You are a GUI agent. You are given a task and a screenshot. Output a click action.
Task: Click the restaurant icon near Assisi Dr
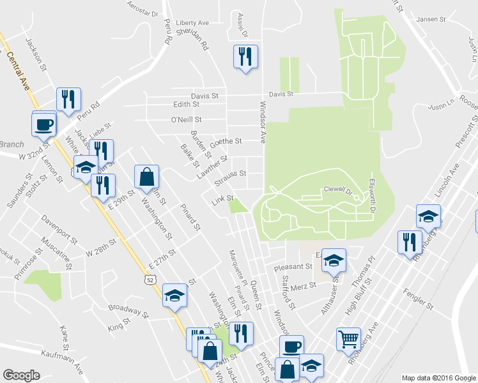click(x=245, y=57)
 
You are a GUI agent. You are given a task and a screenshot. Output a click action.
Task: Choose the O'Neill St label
click(x=186, y=119)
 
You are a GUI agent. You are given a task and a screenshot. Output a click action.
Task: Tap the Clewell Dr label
click(x=339, y=189)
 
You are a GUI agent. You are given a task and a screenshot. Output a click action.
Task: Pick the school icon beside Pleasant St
click(x=333, y=260)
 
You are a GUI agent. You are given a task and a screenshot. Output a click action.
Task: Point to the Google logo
click(x=21, y=375)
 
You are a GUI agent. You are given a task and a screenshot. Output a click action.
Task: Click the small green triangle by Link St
click(x=239, y=206)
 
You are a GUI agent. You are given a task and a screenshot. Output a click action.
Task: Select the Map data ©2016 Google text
click(x=438, y=377)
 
